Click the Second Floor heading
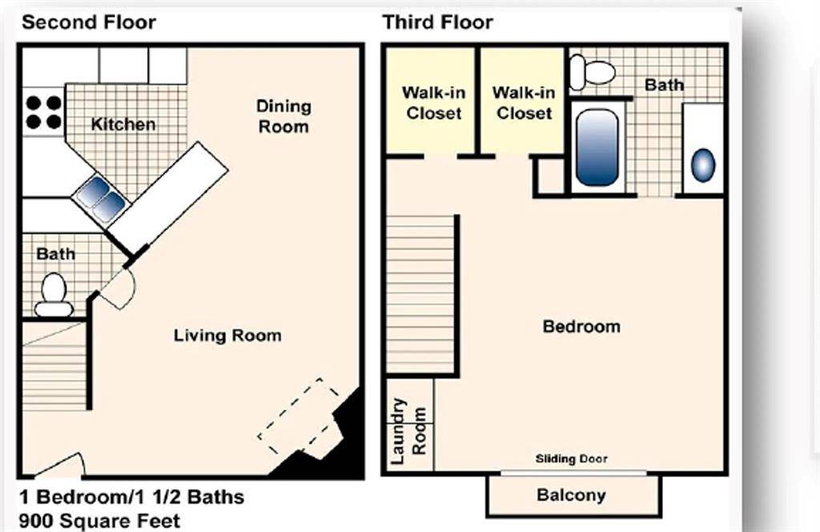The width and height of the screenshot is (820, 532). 89,22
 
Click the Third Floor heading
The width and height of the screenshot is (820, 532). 437,22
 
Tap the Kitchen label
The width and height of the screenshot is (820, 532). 123,124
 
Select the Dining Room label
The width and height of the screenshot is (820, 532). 283,116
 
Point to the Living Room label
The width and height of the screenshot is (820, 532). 227,335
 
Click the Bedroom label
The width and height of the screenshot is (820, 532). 581,326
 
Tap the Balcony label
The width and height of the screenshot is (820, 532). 571,495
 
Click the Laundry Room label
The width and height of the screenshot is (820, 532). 408,432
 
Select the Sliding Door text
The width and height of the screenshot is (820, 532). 571,459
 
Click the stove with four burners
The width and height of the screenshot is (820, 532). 43,112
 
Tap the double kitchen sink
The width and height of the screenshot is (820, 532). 101,199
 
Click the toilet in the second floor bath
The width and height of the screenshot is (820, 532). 54,295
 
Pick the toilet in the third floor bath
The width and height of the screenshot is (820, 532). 592,73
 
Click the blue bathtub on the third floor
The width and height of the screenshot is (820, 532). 597,147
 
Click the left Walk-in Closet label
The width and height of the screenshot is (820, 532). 433,103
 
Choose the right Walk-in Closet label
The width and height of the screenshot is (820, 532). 524,103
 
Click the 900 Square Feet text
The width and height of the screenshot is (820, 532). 100,520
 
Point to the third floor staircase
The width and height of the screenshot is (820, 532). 421,295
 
